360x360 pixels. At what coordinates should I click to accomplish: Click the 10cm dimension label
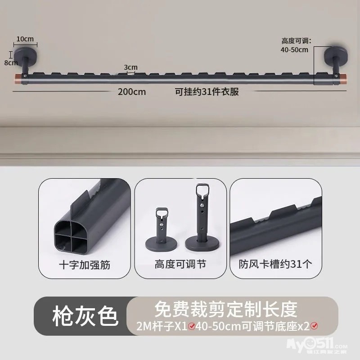(25, 39)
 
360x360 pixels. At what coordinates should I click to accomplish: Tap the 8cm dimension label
(11, 62)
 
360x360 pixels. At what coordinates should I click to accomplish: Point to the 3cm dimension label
(130, 67)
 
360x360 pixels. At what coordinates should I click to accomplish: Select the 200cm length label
(132, 92)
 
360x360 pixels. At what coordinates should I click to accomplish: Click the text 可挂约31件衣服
(207, 92)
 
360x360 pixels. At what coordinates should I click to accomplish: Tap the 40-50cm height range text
(294, 49)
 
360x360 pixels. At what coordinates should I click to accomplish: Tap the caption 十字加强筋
(85, 265)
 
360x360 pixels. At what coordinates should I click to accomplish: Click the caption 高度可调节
(180, 264)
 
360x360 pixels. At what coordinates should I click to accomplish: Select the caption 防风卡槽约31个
(275, 264)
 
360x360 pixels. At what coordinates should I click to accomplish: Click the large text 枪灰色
(85, 316)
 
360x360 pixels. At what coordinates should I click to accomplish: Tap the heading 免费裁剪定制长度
(226, 309)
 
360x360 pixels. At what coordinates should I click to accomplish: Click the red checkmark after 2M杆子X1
(192, 326)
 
